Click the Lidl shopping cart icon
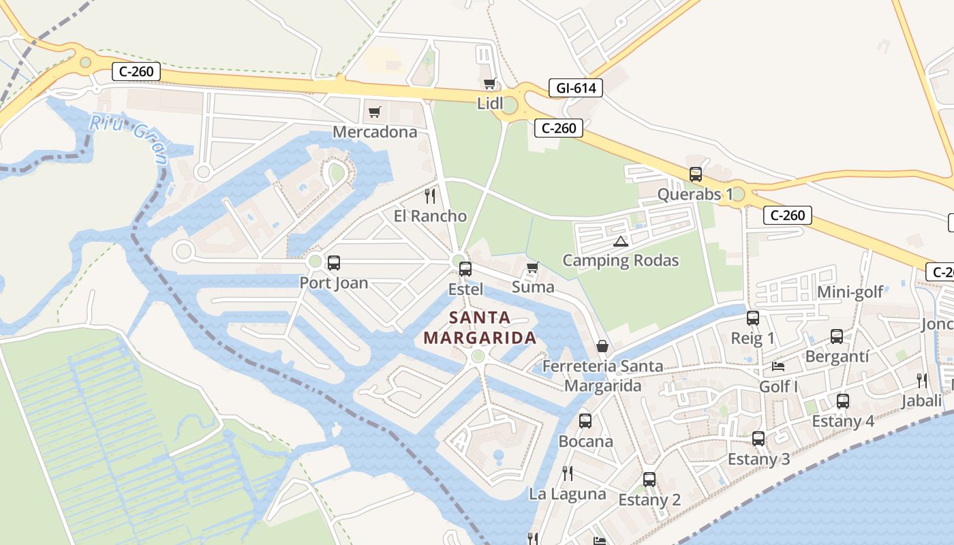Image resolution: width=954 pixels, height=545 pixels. coord(489,84)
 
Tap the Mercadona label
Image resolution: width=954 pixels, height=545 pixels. coord(374,131)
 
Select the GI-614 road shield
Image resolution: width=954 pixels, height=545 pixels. coord(575,88)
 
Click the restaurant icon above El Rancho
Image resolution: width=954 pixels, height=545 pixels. coord(430,196)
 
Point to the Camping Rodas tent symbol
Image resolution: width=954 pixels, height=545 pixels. coord(620,241)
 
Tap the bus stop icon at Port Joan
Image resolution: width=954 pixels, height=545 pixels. coord(334,263)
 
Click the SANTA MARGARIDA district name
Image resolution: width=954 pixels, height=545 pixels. coord(479,328)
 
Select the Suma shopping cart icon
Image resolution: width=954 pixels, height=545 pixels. coord(533,268)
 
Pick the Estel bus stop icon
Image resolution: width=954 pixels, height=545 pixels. coord(465,269)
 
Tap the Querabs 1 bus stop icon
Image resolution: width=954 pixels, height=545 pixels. coord(696,174)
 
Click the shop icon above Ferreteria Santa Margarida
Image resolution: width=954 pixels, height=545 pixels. coord(602,347)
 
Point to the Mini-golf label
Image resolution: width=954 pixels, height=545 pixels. coord(850,292)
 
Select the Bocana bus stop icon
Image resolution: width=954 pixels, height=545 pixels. coord(585,421)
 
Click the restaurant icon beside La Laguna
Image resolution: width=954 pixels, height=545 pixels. coord(567,473)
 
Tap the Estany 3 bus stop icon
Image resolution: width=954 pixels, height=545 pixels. coord(758,439)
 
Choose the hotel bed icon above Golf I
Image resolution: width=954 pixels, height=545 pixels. coord(778,367)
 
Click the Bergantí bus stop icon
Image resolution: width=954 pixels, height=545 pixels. coord(837,337)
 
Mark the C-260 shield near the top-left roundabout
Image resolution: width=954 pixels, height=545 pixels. coord(136,71)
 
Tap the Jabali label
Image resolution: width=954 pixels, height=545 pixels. coord(921,401)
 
